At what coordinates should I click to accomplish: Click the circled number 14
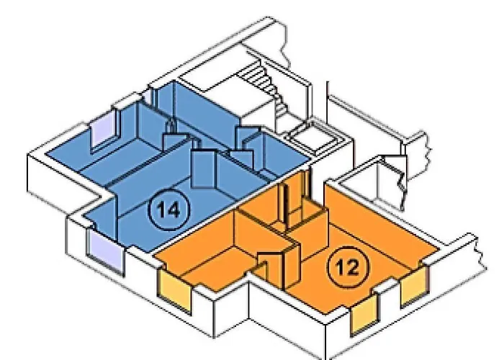(168, 210)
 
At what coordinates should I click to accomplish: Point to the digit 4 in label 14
(175, 210)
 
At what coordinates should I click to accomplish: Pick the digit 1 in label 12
(340, 267)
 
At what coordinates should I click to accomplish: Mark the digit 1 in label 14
(161, 210)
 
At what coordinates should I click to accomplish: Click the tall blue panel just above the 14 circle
(203, 168)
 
